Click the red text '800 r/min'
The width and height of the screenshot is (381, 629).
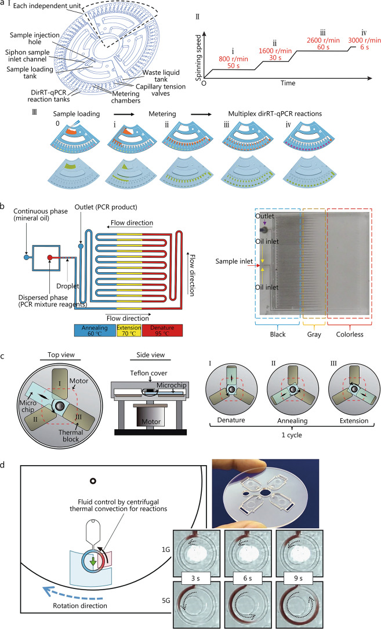coord(233,59)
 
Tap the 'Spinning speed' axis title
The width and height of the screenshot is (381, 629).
coord(198,57)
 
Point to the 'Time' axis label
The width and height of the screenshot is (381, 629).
coord(288,83)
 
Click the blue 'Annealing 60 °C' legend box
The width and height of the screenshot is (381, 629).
coord(95,331)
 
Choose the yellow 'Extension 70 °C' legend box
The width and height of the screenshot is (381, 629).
coord(129,331)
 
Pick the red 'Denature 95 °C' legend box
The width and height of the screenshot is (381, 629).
coord(162,331)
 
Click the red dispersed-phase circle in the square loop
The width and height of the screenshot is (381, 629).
coord(50,257)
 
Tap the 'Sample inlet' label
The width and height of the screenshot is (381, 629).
coord(234,262)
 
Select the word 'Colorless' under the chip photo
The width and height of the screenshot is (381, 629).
coord(350,334)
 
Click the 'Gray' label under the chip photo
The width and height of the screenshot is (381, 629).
coord(314,334)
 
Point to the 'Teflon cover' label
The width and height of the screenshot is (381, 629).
coord(148,373)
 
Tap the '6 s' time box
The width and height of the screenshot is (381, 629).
coord(247,578)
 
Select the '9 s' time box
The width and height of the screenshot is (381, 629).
coord(298,578)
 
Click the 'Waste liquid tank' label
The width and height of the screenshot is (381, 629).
coord(161,76)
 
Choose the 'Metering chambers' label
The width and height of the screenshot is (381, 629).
coord(126,97)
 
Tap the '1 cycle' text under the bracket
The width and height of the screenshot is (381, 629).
coord(292,435)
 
